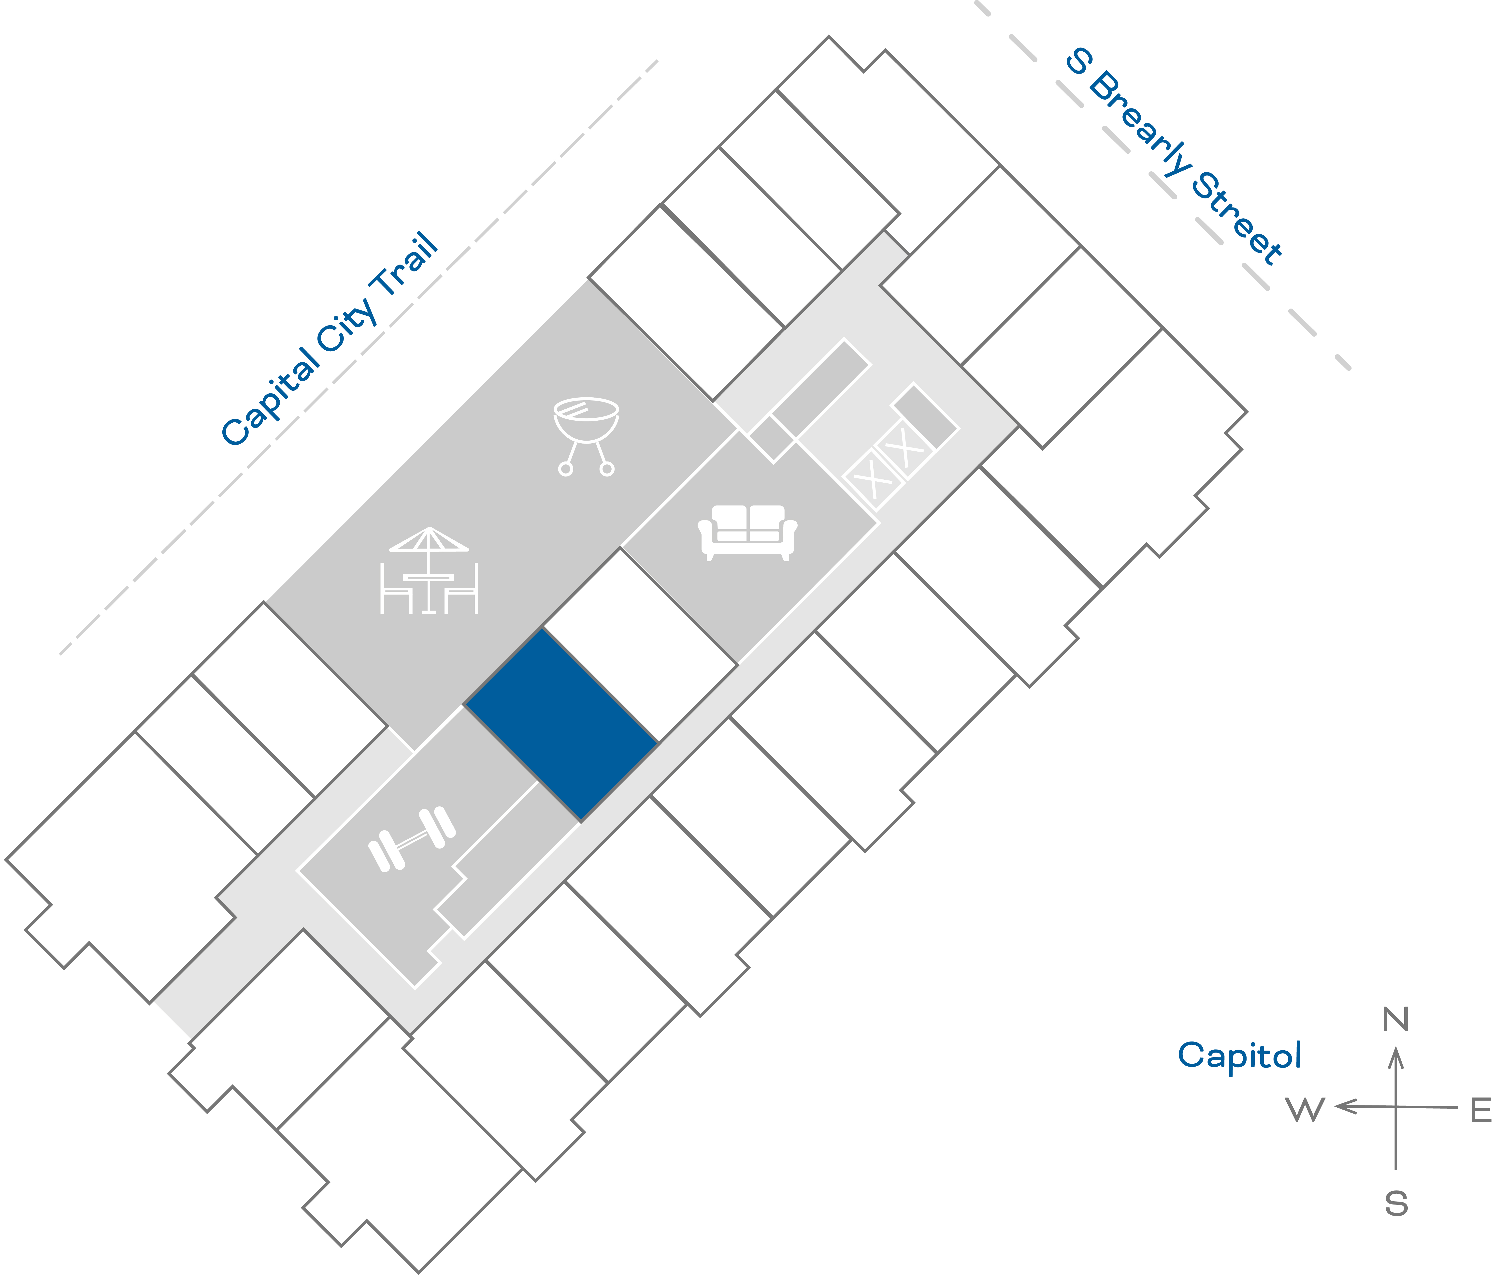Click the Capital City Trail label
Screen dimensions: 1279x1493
(330, 339)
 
